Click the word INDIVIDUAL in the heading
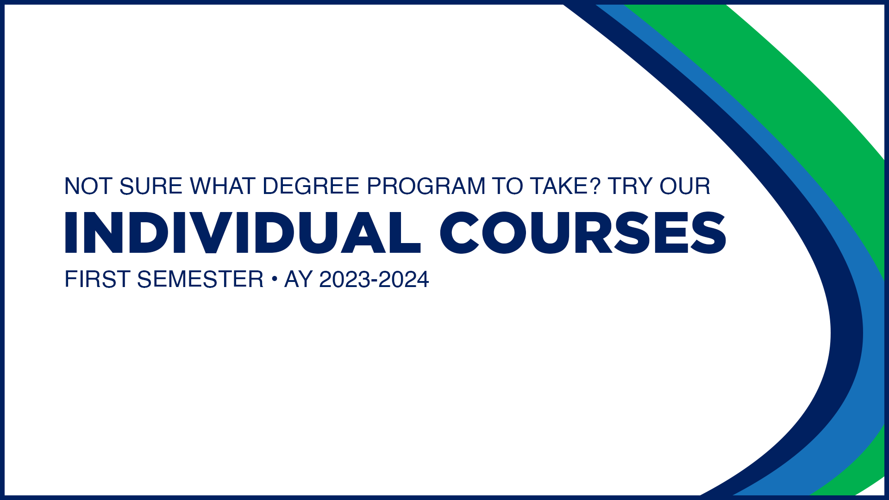click(242, 233)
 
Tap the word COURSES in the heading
click(583, 233)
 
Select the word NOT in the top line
click(88, 187)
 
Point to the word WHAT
click(222, 187)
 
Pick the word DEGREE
click(311, 187)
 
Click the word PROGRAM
click(426, 187)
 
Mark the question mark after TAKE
click(595, 187)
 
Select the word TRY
click(630, 187)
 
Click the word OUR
click(685, 187)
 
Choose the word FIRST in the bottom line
click(97, 280)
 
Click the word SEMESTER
click(200, 280)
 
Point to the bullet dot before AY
click(274, 279)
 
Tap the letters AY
click(298, 280)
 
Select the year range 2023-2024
click(374, 280)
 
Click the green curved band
click(787, 69)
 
